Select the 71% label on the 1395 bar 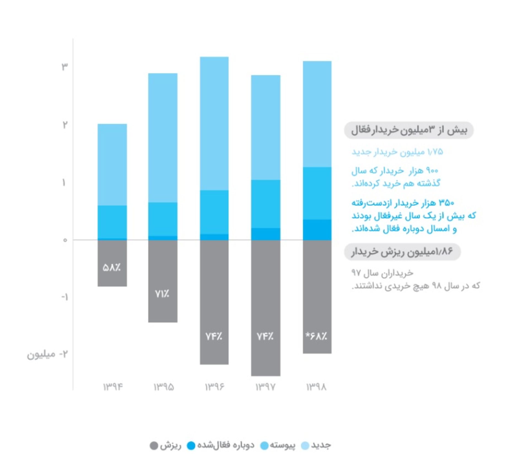point(162,294)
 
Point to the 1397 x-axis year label point(265,387)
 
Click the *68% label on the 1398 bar point(316,336)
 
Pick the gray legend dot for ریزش point(154,446)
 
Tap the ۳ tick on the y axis point(64,66)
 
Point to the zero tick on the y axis point(65,240)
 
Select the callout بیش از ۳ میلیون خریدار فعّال point(409,130)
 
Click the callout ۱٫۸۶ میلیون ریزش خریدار point(402,252)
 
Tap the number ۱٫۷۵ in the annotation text point(435,152)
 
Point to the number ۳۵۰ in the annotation point(446,203)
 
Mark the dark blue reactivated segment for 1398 point(317,230)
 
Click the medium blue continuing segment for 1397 point(266,204)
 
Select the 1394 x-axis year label point(113,387)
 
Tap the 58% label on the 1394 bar point(112,268)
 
